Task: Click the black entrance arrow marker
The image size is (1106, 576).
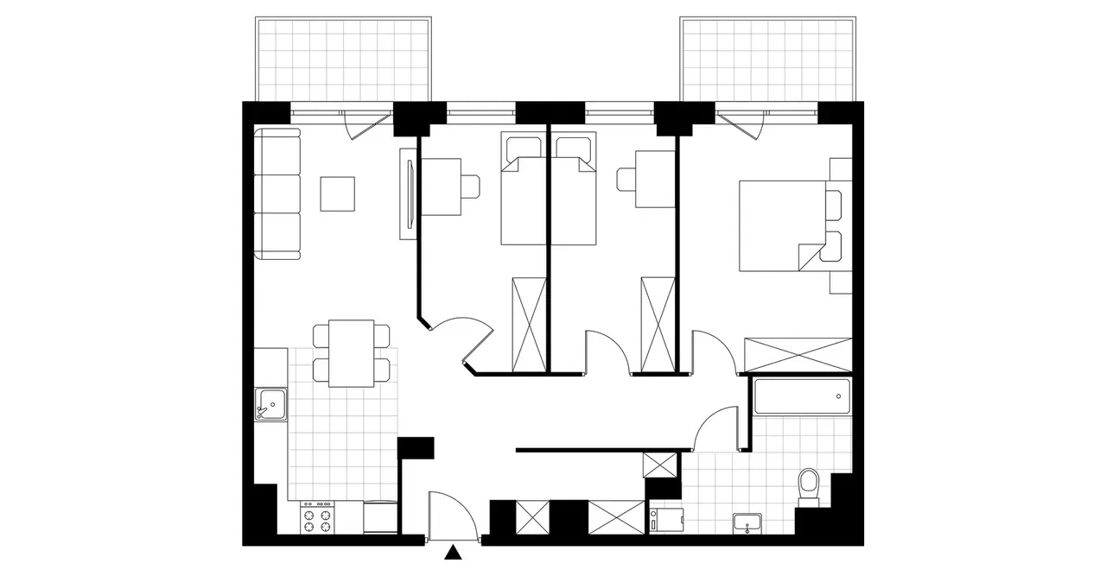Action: (452, 554)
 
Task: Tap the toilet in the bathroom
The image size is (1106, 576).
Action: (809, 486)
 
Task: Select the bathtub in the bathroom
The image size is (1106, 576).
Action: (802, 396)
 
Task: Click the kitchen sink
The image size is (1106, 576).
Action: (270, 403)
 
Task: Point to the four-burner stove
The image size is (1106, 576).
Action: (316, 520)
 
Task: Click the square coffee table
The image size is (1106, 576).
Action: (337, 193)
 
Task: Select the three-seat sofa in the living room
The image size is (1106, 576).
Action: (277, 193)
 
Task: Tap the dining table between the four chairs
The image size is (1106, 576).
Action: (353, 353)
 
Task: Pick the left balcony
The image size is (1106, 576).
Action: (343, 59)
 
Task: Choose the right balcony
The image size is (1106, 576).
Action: (766, 59)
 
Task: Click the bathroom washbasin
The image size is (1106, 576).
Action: (747, 522)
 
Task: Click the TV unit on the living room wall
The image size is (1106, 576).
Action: (406, 193)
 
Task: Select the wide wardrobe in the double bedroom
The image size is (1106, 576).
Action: (798, 355)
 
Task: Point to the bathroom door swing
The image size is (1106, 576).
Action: (715, 429)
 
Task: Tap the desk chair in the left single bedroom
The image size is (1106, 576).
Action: (470, 186)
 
